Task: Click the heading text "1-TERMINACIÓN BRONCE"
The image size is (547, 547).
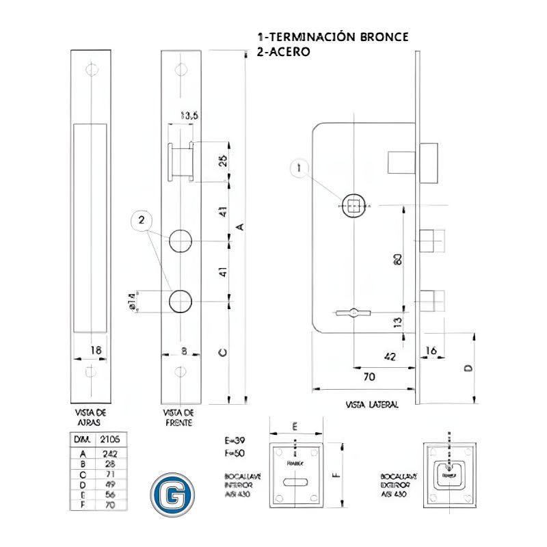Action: pos(333,37)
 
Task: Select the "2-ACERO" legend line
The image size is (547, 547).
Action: pos(284,51)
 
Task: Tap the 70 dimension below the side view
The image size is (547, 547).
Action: pos(369,376)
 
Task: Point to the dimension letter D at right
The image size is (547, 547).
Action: pos(468,367)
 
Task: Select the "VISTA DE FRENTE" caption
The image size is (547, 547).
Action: pos(180,418)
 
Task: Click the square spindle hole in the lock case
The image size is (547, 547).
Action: pos(353,204)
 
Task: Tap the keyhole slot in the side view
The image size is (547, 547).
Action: pos(353,312)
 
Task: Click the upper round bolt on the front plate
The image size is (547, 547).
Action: pos(181,241)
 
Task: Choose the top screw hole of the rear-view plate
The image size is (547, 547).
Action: pos(90,68)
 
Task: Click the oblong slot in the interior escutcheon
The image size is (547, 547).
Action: pos(295,483)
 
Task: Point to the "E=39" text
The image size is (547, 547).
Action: pos(232,441)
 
